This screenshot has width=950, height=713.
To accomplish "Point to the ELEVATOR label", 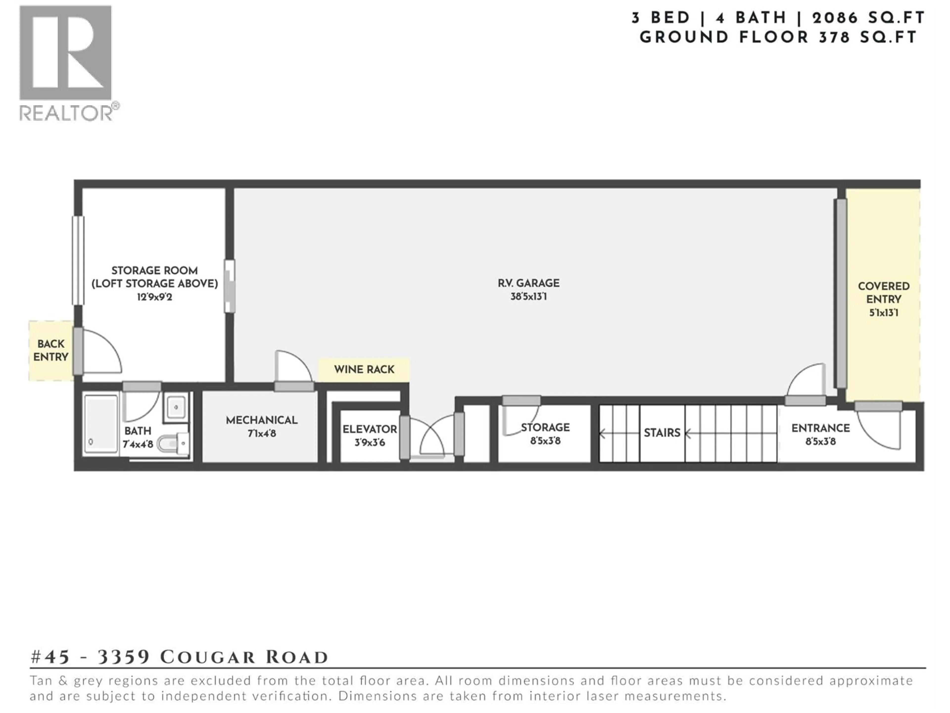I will tap(369, 429).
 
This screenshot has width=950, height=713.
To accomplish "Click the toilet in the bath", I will tap(172, 444).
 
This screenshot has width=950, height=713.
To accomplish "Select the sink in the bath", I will tap(176, 407).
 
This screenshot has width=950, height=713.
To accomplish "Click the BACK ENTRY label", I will tap(51, 350).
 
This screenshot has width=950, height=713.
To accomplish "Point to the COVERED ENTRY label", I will tap(883, 293).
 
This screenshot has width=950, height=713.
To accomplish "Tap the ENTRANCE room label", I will tap(820, 428).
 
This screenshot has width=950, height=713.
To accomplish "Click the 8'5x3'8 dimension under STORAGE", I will tap(545, 441).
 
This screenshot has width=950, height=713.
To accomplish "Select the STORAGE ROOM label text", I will tap(155, 271).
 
